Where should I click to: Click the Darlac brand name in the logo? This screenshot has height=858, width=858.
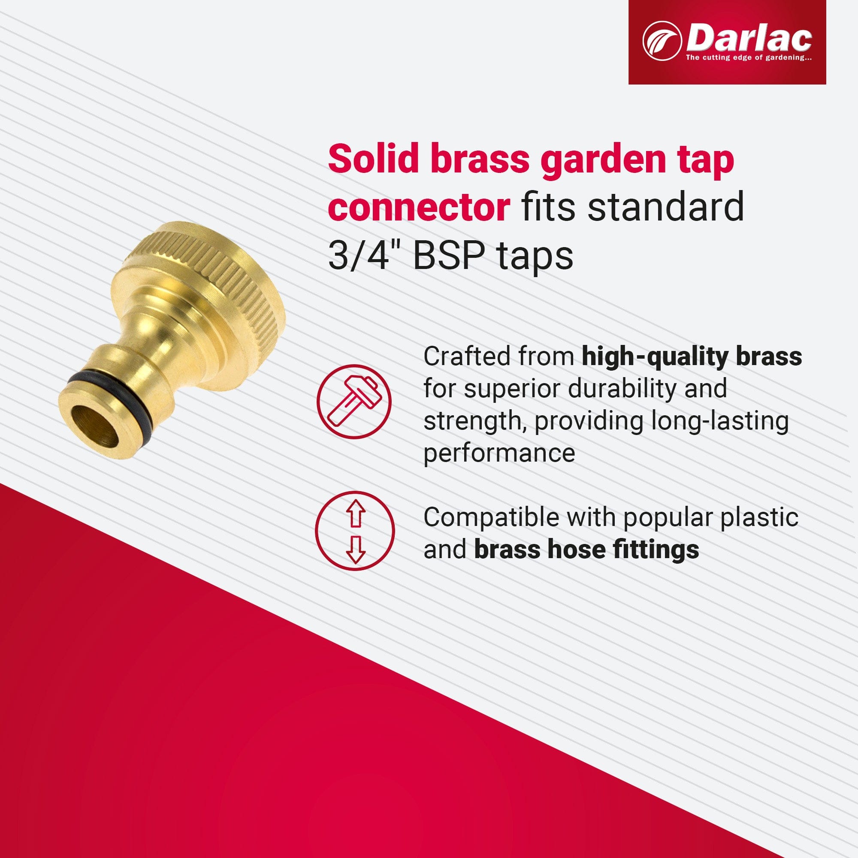coord(749,38)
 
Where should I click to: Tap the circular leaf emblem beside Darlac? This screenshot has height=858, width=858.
coord(662,41)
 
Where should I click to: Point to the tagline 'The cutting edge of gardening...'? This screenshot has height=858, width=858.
coord(749,58)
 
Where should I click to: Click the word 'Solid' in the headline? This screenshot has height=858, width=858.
coord(374,159)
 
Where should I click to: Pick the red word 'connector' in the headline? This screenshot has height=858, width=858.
coord(419,207)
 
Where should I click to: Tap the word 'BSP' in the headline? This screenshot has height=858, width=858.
coord(449,256)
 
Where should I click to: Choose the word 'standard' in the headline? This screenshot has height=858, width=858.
coord(666,207)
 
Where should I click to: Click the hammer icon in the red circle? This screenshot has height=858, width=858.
coord(354,402)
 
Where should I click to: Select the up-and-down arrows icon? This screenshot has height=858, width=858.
coord(355,530)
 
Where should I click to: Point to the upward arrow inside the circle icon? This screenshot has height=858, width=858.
coord(355,514)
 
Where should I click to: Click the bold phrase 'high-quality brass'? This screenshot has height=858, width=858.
coord(692,356)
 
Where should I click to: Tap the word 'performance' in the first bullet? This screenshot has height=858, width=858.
coord(499,453)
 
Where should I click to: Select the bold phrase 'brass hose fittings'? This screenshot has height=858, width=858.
coord(586,550)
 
